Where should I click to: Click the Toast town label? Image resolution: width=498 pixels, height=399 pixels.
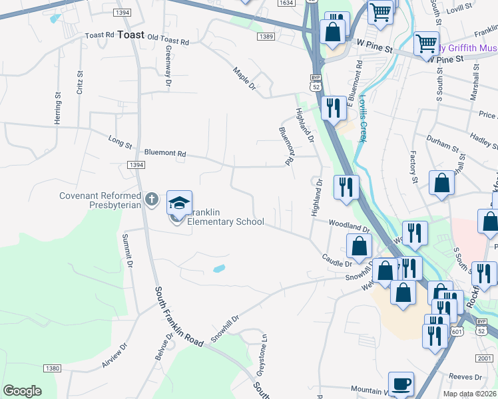point(130,37)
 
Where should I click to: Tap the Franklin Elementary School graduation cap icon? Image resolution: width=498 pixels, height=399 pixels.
point(179,202)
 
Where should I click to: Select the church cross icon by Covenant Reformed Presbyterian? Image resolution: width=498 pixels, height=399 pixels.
point(152,198)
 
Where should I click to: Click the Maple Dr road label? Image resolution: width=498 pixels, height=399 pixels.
point(244,78)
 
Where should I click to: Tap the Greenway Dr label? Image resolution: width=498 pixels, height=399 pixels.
point(168,67)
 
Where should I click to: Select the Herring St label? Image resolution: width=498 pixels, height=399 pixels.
point(59,108)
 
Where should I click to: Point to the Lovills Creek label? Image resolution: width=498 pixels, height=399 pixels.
point(362,117)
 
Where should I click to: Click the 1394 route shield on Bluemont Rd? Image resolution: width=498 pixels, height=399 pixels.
point(136,164)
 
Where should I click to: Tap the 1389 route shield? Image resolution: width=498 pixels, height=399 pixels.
point(266,37)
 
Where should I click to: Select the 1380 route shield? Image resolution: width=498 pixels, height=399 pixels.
point(52,368)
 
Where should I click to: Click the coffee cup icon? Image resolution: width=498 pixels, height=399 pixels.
point(401,384)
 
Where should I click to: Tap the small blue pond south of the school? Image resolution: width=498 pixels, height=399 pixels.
point(218,269)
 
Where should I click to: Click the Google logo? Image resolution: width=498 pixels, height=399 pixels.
point(22,391)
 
